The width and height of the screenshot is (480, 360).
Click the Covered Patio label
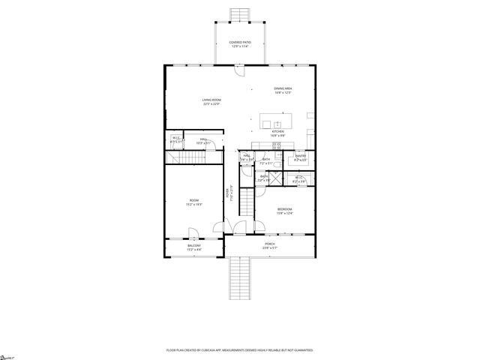pyautogui.click(x=240, y=44)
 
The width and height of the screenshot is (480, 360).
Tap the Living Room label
pyautogui.click(x=211, y=102)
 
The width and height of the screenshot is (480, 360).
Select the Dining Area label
pyautogui.click(x=282, y=91)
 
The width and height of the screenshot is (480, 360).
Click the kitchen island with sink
pyautogui.click(x=277, y=121)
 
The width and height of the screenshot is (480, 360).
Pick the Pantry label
pyautogui.click(x=300, y=158)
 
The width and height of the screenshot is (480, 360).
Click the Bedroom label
pyautogui.click(x=284, y=211)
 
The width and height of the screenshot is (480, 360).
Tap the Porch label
pyautogui.click(x=269, y=245)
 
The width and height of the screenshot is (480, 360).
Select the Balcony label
pyautogui.click(x=193, y=247)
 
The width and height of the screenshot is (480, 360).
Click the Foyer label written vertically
pyautogui.click(x=229, y=193)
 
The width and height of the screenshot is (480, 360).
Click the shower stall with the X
pyautogui.click(x=277, y=178)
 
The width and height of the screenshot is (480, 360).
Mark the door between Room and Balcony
pyautogui.click(x=193, y=232)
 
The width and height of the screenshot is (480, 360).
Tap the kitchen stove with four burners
pyautogui.click(x=276, y=145)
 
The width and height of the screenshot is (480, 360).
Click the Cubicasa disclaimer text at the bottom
pyautogui.click(x=240, y=349)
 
